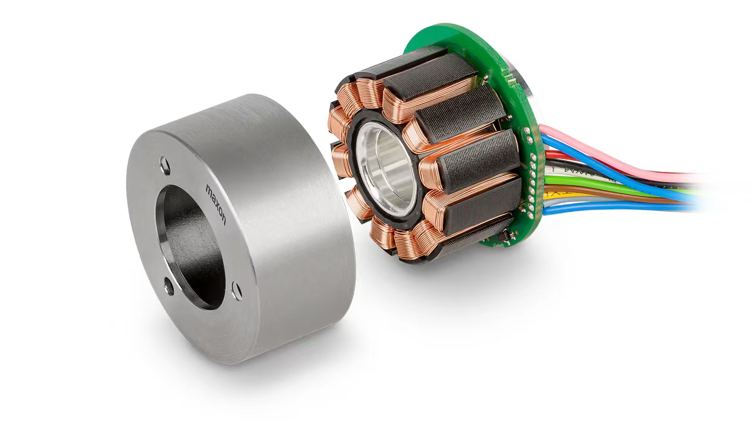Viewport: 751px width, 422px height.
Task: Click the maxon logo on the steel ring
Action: tap(216, 204)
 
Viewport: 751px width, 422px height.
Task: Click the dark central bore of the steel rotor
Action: tap(190, 246)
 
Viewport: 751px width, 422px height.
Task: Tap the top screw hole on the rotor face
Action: tap(165, 166)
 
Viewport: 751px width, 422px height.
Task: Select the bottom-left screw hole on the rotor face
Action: tap(169, 287)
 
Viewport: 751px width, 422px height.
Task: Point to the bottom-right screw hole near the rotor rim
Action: tap(236, 291)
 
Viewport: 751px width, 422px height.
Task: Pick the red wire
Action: tap(563, 156)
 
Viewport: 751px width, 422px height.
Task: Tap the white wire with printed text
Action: tap(570, 173)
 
